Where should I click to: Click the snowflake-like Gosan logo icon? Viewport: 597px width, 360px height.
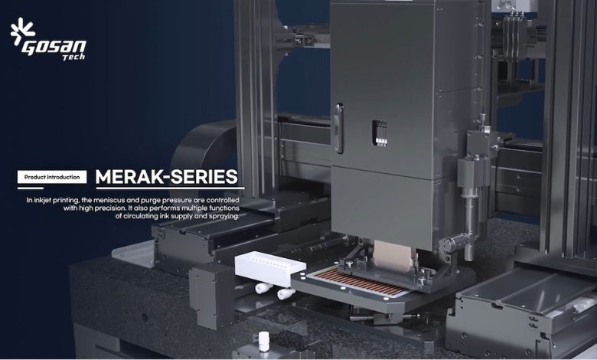[x=22, y=31]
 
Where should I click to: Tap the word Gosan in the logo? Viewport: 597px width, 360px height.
[x=54, y=47]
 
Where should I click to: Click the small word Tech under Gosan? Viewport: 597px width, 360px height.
[x=73, y=57]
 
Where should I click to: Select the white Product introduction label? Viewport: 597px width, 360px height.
[x=52, y=177]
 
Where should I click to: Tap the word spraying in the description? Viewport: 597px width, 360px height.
[x=223, y=216]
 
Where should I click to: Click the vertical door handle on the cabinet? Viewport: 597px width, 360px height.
[x=338, y=129]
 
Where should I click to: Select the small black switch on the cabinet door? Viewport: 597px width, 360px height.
[x=380, y=133]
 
